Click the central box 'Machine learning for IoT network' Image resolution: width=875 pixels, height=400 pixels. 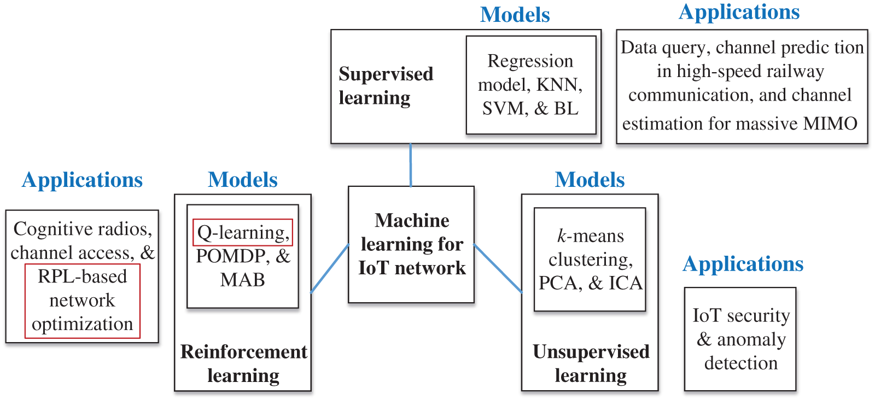point(411,245)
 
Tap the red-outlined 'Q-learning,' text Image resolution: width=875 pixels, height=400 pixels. point(243,233)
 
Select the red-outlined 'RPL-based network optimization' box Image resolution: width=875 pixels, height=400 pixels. point(83,301)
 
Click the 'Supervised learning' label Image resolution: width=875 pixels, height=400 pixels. point(386,85)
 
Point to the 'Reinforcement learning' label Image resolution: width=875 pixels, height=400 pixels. point(243,364)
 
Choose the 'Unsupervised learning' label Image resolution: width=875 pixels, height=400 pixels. point(591,364)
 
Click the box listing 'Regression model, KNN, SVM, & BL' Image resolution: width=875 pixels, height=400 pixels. point(531,85)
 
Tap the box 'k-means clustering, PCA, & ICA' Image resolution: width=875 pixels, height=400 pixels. point(590,259)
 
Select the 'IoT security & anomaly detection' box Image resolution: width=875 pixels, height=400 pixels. point(740,339)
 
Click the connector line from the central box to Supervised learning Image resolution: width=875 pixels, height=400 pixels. point(411,165)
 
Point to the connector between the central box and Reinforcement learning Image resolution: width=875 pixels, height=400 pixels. point(330,268)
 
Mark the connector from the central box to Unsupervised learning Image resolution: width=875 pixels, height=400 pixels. point(498,268)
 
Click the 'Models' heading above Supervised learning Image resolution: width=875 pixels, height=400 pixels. point(515,15)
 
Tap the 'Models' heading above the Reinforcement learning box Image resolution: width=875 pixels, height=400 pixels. point(243,180)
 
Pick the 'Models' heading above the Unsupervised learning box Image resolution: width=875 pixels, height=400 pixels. point(590,180)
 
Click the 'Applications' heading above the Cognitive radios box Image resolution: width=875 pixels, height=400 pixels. point(83,181)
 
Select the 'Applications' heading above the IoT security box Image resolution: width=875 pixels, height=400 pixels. point(743,264)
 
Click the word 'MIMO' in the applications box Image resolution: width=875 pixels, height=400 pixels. point(830,123)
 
